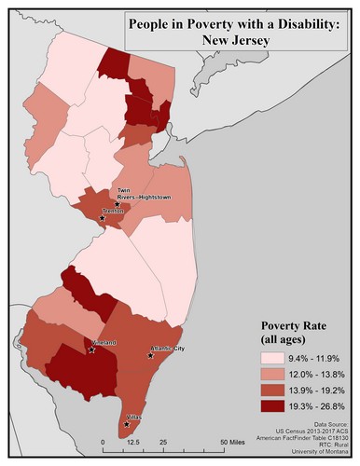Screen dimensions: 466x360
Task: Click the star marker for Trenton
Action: point(115,219)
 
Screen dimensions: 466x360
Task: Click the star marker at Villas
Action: point(127,425)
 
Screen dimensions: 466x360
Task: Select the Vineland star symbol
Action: point(91,350)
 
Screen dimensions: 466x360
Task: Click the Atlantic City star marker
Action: point(150,355)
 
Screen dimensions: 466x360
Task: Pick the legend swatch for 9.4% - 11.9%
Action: point(276,358)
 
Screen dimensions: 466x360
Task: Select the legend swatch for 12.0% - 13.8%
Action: point(276,373)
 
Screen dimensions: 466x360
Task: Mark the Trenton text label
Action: point(112,212)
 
